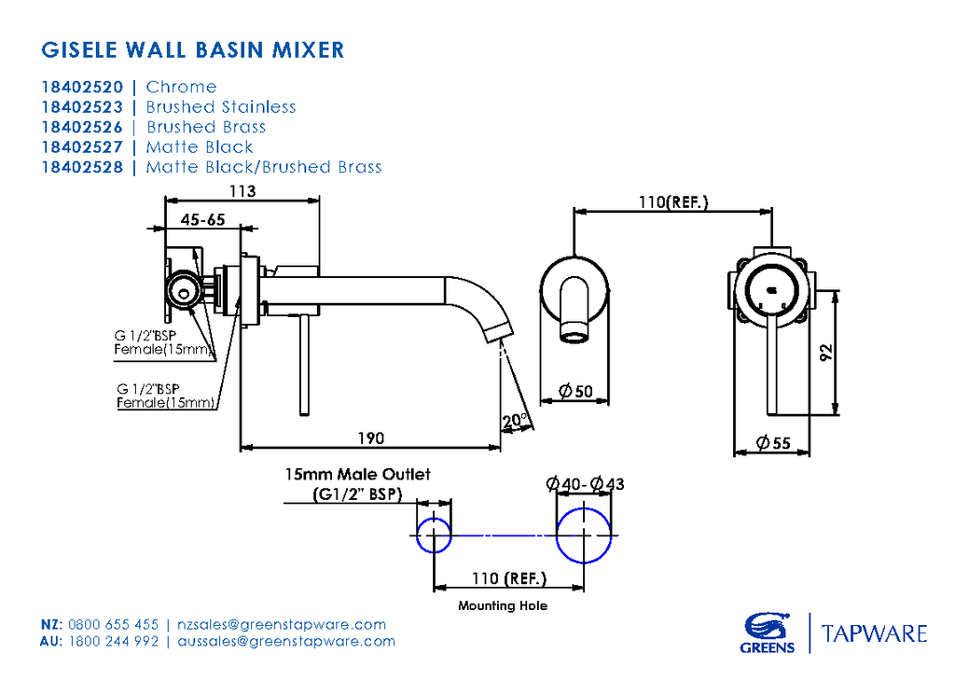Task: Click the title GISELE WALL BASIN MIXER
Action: click(193, 49)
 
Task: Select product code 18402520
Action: click(82, 87)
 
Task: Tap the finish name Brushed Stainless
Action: click(221, 107)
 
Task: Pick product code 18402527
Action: click(82, 147)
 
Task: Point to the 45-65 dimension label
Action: click(203, 220)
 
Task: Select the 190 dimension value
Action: click(370, 438)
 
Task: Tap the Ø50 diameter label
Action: click(576, 392)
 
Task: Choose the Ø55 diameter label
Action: click(773, 443)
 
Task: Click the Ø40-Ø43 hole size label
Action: click(586, 483)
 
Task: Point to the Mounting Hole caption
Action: click(503, 606)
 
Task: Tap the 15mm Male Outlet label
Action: click(358, 475)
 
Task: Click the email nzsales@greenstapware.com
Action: click(281, 625)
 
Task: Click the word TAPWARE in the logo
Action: click(874, 634)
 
